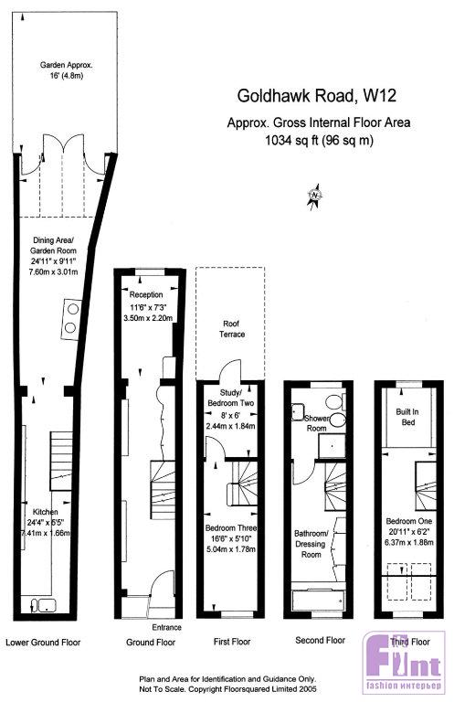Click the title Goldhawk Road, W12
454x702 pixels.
pyautogui.click(x=316, y=95)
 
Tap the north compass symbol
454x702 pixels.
pyautogui.click(x=315, y=196)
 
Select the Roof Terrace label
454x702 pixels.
pyautogui.click(x=232, y=329)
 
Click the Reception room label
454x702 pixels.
pyautogui.click(x=146, y=295)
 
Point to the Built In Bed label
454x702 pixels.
pyautogui.click(x=407, y=417)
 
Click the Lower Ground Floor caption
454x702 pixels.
pyautogui.click(x=43, y=643)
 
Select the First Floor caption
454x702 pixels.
pyautogui.click(x=232, y=642)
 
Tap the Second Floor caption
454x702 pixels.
pyautogui.click(x=321, y=640)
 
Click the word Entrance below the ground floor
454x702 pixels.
pyautogui.click(x=166, y=627)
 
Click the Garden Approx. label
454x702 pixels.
pyautogui.click(x=66, y=65)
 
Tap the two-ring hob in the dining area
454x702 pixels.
pyautogui.click(x=70, y=318)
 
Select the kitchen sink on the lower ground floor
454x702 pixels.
pyautogui.click(x=43, y=606)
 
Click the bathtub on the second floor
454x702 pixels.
pyautogui.click(x=318, y=597)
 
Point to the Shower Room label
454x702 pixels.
pyautogui.click(x=317, y=423)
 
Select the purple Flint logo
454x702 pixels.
pyautogui.click(x=404, y=661)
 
